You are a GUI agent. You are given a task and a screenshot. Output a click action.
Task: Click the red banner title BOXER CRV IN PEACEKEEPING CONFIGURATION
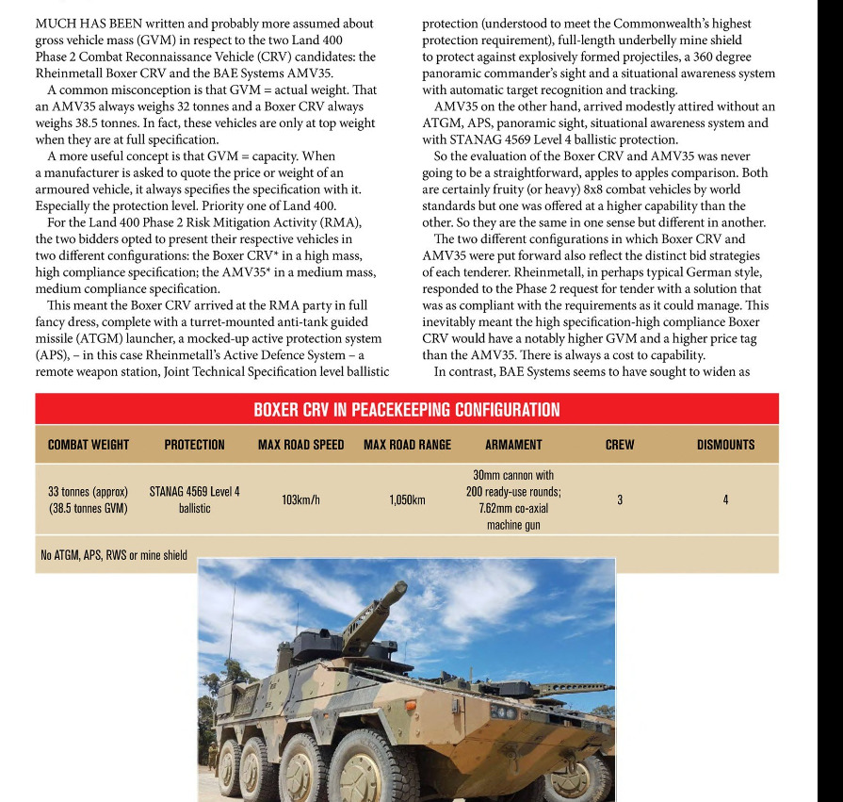[x=406, y=410]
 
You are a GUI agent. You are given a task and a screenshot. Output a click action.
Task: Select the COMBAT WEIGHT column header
[x=89, y=445]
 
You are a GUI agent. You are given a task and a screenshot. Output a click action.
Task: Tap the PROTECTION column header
[x=194, y=445]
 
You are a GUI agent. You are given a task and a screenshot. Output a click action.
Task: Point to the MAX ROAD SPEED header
[x=300, y=445]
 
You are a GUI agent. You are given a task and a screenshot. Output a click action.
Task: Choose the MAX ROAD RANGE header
[x=407, y=445]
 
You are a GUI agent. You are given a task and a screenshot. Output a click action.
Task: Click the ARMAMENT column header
[x=513, y=445]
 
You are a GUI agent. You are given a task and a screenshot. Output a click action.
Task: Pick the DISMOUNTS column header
[x=725, y=445]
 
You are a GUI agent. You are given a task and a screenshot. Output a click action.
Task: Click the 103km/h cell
[x=300, y=499]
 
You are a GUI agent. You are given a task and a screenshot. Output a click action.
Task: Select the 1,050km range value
[x=407, y=499]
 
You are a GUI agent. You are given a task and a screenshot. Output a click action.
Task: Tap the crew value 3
[x=620, y=499]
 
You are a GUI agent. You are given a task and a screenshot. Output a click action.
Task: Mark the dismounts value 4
[x=725, y=499]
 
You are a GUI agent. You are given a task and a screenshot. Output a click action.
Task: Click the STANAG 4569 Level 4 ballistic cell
[x=194, y=499]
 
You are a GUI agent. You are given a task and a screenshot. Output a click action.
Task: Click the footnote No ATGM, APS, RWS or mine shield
[x=113, y=555]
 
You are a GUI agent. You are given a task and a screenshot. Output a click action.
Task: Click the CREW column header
[x=620, y=445]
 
